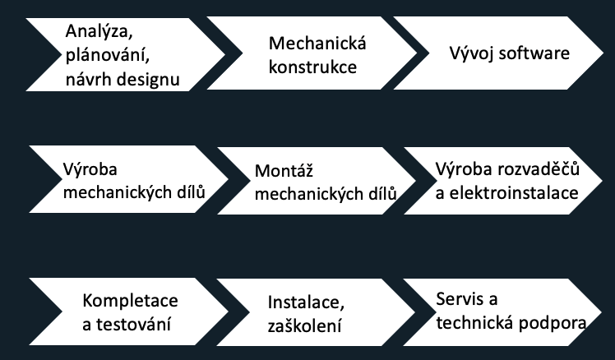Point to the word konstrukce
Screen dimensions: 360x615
click(x=313, y=67)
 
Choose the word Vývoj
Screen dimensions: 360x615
click(x=469, y=53)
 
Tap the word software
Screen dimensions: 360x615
click(x=535, y=53)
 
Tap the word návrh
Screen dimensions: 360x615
click(x=88, y=79)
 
